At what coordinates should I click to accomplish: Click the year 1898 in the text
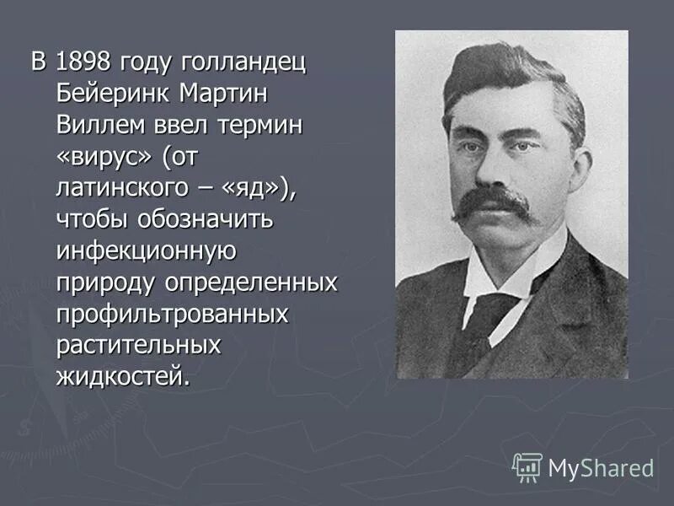click(84, 62)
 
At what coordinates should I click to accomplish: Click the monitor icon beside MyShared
click(527, 467)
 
